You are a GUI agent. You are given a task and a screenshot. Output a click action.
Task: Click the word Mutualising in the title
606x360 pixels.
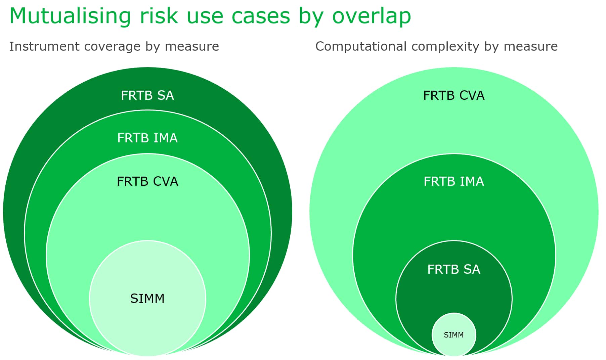[70, 16]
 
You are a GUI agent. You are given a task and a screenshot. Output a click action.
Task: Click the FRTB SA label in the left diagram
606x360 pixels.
[147, 95]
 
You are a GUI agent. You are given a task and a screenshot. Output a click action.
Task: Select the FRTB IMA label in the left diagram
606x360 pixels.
[147, 138]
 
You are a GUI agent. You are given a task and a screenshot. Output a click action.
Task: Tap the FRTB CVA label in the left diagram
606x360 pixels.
[147, 181]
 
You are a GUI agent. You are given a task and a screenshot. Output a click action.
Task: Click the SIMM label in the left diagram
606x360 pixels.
[147, 299]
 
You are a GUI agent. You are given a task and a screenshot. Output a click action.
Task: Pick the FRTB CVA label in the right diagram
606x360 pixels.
[454, 95]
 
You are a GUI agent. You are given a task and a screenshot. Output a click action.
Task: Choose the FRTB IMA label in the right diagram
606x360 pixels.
[454, 181]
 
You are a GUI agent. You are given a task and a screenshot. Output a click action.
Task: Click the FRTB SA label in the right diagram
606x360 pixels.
[454, 269]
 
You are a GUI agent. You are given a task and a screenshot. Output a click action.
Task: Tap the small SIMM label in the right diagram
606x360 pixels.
[454, 335]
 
